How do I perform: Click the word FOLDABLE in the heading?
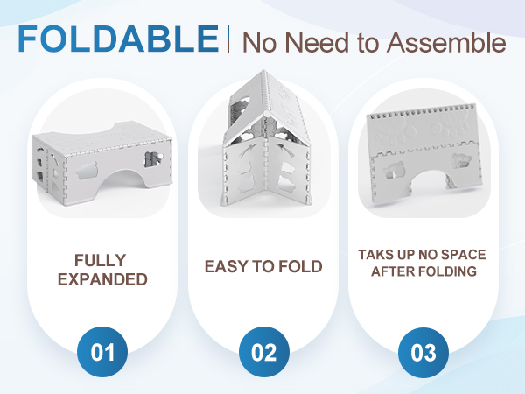118,39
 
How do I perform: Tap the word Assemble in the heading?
446,43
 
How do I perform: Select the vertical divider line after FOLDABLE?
229,39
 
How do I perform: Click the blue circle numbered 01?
102,352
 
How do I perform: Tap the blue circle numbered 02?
264,352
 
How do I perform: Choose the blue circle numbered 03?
423,353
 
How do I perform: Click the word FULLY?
101,260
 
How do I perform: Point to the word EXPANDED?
102,279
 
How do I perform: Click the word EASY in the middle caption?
227,267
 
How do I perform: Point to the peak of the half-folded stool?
264,72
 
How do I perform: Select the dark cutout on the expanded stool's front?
152,159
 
